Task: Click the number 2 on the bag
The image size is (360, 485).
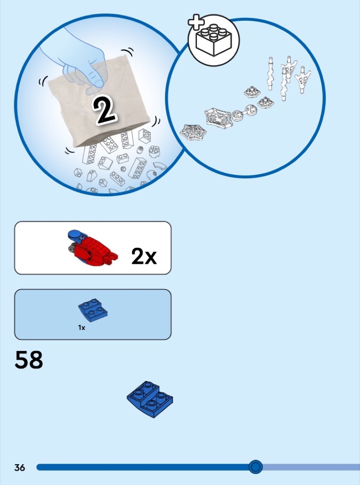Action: coord(105,110)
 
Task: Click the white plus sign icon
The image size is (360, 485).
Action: coord(196,22)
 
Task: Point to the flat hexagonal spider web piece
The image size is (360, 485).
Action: coord(193,132)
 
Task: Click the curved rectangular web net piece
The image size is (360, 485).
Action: coord(218,117)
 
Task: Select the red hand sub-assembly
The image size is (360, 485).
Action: coord(92,248)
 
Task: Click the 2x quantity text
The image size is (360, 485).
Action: coord(144,256)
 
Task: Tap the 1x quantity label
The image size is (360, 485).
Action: coord(82,327)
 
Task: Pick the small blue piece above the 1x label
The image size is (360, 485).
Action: coord(93,310)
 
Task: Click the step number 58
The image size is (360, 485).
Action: coord(29,360)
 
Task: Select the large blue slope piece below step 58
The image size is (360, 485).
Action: coord(150,400)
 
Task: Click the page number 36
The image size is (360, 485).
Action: coord(19,467)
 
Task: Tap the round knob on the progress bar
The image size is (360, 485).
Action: coord(256,467)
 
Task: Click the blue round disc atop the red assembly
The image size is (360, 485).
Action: coord(75,235)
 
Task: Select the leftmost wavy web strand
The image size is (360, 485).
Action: coord(270,73)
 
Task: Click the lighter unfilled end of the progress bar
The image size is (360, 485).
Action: coord(311,467)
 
